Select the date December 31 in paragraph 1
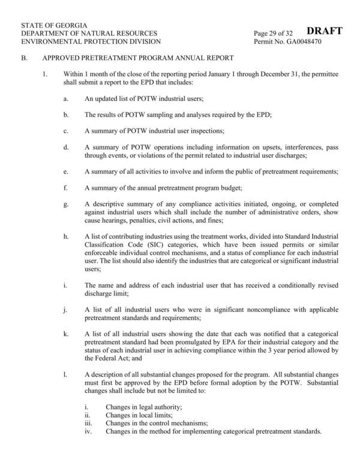tap(301, 74)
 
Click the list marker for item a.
tap(65, 98)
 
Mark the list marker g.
tap(65, 205)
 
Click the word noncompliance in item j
tap(233, 309)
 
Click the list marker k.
tap(65, 333)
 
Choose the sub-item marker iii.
tap(88, 423)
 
